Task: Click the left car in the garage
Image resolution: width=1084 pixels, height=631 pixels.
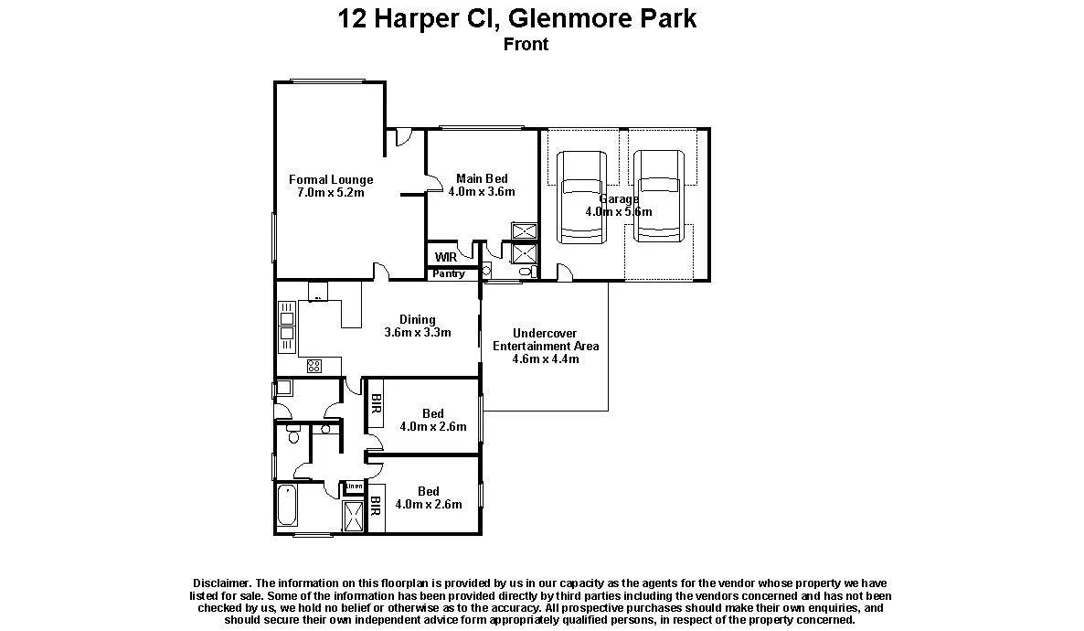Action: point(582,198)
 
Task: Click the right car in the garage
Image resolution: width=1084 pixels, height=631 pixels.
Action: point(659,198)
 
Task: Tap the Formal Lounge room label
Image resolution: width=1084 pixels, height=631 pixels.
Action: point(331,180)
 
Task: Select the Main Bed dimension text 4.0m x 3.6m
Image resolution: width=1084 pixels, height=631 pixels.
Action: point(482,192)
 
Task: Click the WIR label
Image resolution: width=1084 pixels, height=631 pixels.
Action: point(445,258)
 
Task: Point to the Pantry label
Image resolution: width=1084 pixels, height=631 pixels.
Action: point(449,273)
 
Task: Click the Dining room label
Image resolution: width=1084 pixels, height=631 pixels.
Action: point(418,319)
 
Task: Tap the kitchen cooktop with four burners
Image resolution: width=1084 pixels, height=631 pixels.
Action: point(314,366)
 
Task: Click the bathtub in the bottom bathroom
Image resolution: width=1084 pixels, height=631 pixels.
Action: point(287,507)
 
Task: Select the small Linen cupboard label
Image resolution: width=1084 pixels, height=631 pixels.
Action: point(354,486)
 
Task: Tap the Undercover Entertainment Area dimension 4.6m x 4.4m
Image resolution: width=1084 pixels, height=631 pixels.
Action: point(546,359)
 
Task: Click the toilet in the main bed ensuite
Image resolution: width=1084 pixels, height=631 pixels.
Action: point(526,272)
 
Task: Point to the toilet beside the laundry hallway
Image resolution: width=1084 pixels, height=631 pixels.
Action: point(292,433)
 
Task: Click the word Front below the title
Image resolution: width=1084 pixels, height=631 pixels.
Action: point(526,44)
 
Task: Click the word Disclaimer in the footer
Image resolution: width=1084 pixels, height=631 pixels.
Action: point(221,583)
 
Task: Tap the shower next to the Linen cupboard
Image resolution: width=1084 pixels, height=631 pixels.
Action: point(353,516)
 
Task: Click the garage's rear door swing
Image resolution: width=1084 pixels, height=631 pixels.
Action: point(565,272)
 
